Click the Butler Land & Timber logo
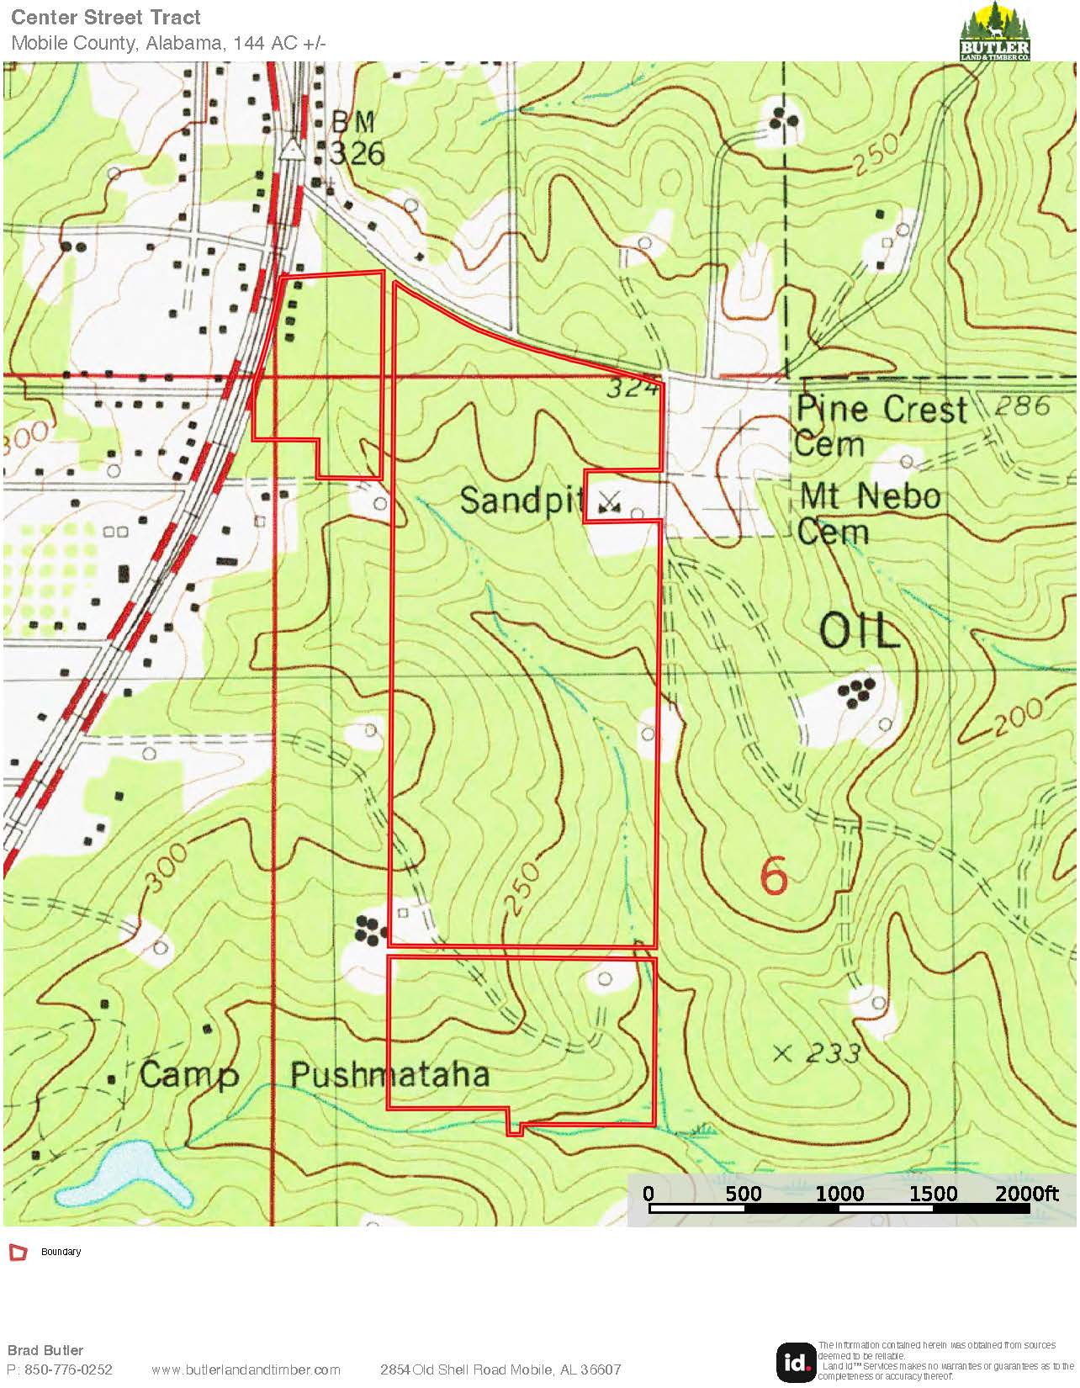995,31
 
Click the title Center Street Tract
106,18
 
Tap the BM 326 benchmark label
357,138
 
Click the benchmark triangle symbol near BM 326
292,149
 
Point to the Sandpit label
521,501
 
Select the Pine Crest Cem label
880,426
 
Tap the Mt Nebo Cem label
869,513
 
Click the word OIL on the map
860,631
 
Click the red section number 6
774,877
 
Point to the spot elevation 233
831,1053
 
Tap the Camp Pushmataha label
315,1075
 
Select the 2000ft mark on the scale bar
1026,1193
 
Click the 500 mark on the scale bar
744,1193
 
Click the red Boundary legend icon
18,1253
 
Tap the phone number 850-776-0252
68,1369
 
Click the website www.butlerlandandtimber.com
246,1369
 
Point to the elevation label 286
1022,406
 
